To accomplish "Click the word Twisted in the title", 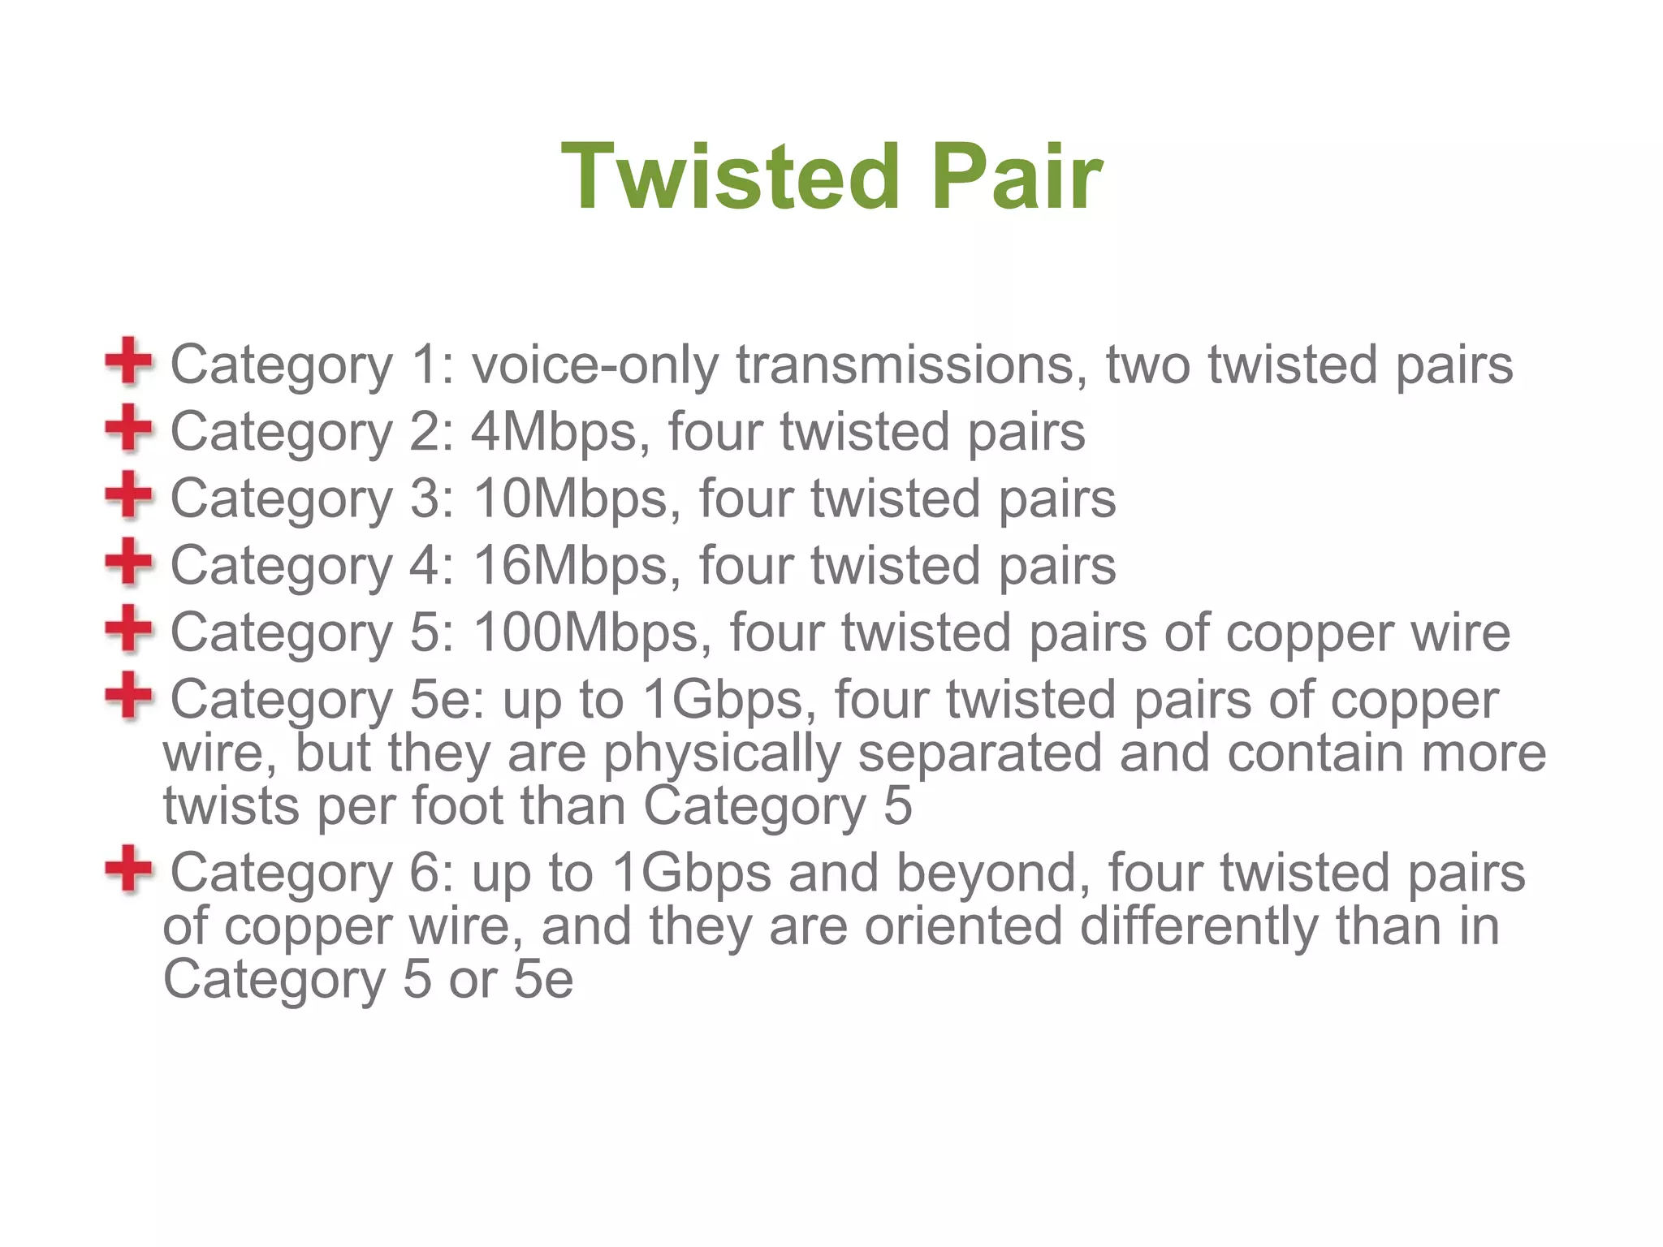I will pos(730,176).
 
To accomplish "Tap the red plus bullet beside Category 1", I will pos(128,360).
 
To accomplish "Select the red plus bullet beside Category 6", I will pos(128,869).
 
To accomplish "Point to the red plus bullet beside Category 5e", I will pos(128,695).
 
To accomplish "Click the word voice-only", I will pos(595,365).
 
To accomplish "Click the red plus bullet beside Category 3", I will pos(128,494).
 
